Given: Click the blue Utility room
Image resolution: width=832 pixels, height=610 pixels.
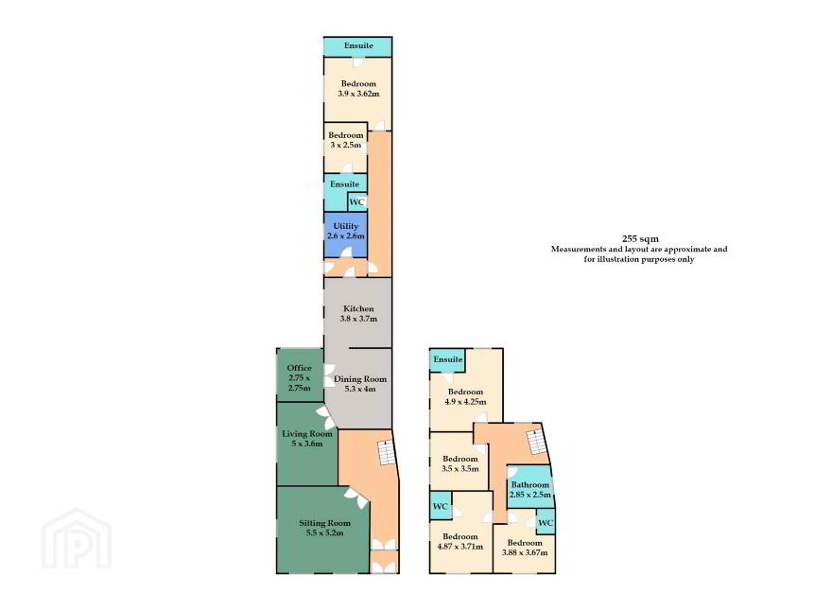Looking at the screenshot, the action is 345,235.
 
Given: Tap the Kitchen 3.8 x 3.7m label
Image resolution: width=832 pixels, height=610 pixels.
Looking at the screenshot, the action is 358,314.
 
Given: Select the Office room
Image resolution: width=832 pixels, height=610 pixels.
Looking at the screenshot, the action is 300,375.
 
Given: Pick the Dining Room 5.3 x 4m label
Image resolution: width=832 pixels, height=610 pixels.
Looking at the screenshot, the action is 360,384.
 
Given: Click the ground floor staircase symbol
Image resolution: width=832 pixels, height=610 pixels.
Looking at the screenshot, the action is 387,453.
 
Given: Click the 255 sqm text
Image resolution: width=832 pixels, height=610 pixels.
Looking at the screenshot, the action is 640,239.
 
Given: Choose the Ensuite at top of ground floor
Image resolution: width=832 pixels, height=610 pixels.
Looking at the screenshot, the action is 358,46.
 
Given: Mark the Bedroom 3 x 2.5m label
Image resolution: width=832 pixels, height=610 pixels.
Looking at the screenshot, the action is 346,140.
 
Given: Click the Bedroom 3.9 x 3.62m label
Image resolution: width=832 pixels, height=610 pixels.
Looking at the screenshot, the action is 358,89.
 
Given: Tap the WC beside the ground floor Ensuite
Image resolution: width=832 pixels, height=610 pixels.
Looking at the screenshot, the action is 357,202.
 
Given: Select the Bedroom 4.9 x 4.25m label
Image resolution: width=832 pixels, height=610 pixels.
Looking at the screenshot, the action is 465,396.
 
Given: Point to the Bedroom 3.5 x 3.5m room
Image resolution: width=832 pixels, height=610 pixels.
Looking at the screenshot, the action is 459,462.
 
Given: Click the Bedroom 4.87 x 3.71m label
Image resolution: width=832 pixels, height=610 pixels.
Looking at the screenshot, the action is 460,542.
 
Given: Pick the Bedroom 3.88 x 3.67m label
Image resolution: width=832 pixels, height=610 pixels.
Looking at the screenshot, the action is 525,548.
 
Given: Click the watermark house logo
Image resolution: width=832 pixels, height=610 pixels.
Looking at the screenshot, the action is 77,539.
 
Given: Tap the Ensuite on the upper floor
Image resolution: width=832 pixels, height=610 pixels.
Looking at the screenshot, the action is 448,360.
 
